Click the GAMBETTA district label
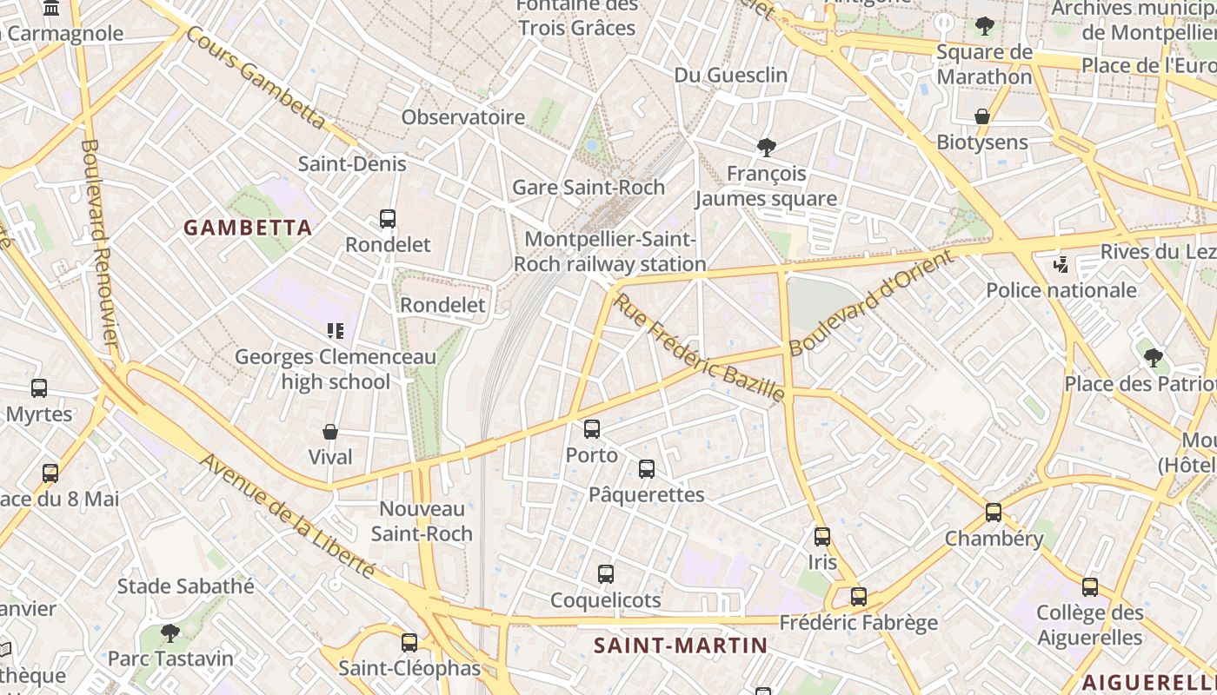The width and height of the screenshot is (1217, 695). pyautogui.click(x=248, y=228)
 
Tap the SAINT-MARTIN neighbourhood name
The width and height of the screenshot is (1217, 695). pyautogui.click(x=681, y=645)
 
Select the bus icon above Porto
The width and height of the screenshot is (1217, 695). pyautogui.click(x=592, y=428)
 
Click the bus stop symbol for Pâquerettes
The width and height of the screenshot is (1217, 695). pyautogui.click(x=647, y=469)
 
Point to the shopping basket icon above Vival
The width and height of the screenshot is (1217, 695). pyautogui.click(x=330, y=432)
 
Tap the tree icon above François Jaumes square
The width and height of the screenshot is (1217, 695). pyautogui.click(x=766, y=147)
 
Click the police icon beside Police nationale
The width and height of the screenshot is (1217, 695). pyautogui.click(x=1060, y=264)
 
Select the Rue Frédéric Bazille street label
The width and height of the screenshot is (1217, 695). pyautogui.click(x=699, y=347)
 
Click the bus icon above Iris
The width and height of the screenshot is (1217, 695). pyautogui.click(x=822, y=537)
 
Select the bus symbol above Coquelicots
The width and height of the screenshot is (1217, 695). pyautogui.click(x=606, y=574)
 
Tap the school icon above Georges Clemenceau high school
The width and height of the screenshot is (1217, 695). pyautogui.click(x=336, y=330)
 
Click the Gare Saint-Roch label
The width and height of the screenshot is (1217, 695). pyautogui.click(x=589, y=187)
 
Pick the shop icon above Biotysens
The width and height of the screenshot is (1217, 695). pyautogui.click(x=982, y=116)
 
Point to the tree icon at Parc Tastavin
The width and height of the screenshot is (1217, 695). pyautogui.click(x=170, y=632)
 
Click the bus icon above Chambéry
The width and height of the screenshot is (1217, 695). pyautogui.click(x=994, y=513)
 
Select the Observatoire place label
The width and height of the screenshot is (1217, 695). pyautogui.click(x=463, y=117)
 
